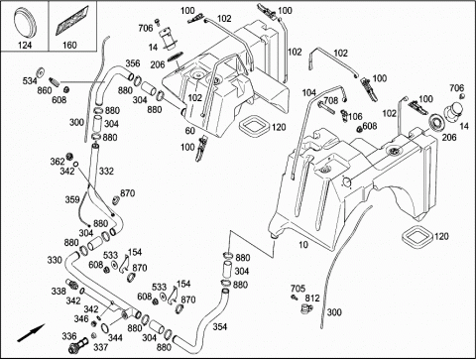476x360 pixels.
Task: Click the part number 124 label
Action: [25, 45]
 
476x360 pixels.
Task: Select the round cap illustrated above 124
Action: [25, 22]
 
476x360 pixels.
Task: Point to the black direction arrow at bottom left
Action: [31, 333]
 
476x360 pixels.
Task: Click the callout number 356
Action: [133, 63]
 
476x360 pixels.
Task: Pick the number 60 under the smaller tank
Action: [190, 131]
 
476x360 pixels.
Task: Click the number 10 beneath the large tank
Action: [303, 245]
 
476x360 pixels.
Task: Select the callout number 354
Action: [220, 326]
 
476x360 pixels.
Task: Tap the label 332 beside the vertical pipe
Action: [106, 171]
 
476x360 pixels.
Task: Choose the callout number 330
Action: [55, 260]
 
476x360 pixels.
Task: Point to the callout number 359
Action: [72, 199]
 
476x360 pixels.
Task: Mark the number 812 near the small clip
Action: [312, 299]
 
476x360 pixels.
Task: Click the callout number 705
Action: [297, 289]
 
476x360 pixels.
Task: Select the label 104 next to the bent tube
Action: [309, 93]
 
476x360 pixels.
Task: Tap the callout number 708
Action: [331, 100]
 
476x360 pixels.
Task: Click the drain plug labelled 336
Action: [79, 344]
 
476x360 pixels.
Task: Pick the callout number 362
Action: [58, 162]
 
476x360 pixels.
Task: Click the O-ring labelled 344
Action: [105, 327]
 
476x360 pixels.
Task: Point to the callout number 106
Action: [355, 116]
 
